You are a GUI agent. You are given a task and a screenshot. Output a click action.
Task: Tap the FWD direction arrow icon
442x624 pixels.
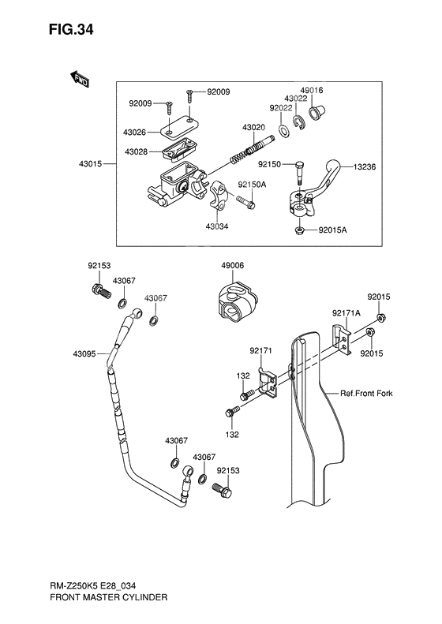(x=79, y=79)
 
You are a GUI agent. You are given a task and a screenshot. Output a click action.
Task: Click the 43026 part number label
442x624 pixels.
(x=136, y=132)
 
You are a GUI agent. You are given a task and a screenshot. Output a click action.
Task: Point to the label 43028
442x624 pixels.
(x=136, y=151)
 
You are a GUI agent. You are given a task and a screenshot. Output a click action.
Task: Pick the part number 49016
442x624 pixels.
(x=310, y=91)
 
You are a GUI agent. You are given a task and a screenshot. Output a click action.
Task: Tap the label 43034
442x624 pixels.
(x=217, y=226)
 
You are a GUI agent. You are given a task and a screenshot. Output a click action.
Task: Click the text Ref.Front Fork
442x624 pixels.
(x=366, y=393)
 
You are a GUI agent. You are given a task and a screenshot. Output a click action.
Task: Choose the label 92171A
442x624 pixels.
(x=346, y=312)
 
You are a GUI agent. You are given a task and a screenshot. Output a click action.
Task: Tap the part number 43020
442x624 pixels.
(x=253, y=128)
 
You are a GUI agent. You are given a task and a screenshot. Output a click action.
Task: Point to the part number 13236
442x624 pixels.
(x=365, y=167)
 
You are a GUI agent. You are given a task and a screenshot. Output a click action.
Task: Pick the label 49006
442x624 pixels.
(x=233, y=266)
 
